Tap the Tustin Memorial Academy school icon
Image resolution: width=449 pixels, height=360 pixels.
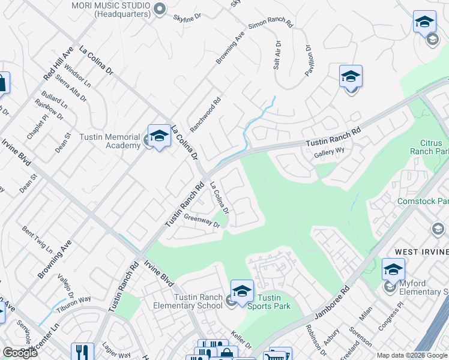click(159, 137)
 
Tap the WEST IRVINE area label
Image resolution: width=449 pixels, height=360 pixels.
click(420, 253)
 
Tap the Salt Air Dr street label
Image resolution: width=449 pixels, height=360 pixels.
click(277, 55)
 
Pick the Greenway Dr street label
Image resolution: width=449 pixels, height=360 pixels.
click(202, 220)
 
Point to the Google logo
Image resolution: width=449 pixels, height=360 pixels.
click(20, 352)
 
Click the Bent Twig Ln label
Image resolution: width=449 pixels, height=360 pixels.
click(37, 239)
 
